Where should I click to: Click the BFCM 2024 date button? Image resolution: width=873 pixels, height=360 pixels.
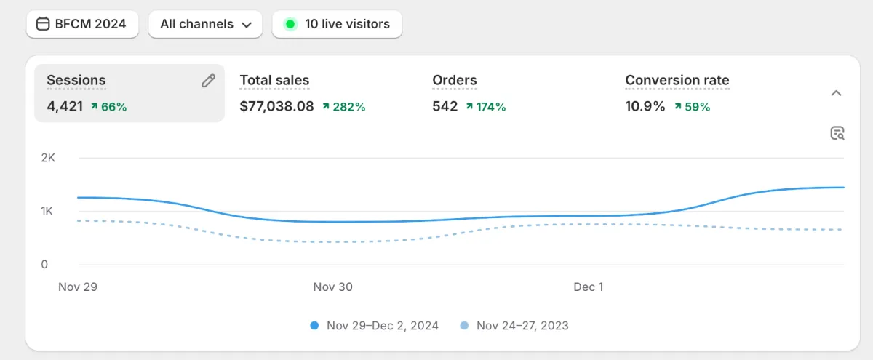tap(81, 24)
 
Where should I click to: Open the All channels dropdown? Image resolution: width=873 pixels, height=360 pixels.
tap(206, 24)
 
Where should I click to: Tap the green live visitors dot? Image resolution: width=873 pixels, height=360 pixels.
tap(290, 24)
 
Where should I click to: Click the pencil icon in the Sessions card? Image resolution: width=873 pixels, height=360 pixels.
tap(208, 81)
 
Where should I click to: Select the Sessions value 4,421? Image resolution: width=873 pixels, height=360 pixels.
tap(65, 106)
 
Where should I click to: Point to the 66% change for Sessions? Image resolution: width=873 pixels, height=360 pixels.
tap(109, 107)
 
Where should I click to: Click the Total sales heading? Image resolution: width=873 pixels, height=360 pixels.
tap(274, 81)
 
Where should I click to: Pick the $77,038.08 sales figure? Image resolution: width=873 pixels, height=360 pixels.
tap(276, 106)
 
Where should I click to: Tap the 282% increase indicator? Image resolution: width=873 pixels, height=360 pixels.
tap(344, 107)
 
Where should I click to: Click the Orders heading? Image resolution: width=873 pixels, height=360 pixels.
tap(455, 81)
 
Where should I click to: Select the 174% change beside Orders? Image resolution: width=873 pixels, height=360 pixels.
tap(486, 107)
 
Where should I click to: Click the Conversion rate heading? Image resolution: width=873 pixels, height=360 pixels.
tap(677, 81)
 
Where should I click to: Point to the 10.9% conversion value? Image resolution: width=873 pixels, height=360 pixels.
tap(645, 106)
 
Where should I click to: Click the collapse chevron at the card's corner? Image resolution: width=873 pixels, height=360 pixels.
tap(837, 93)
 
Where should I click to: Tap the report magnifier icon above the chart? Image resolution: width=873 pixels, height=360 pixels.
tap(837, 133)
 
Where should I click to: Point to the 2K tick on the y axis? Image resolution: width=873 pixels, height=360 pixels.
tap(48, 158)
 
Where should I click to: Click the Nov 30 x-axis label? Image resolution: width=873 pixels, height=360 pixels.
tap(332, 287)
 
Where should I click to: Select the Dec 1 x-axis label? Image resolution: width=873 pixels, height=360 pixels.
tap(588, 287)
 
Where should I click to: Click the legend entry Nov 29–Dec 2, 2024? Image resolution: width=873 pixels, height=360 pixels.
tap(375, 326)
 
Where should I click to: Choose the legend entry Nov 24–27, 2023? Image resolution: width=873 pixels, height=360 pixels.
tap(515, 326)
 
